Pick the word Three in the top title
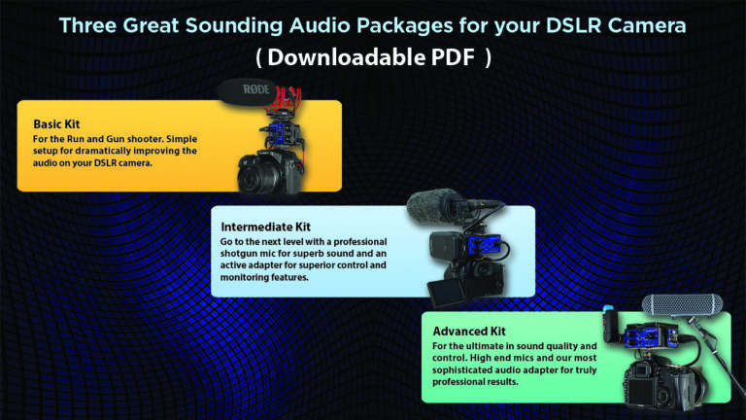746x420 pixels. tap(90, 23)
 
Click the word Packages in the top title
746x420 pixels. tap(386, 23)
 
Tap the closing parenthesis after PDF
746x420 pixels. tap(488, 57)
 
